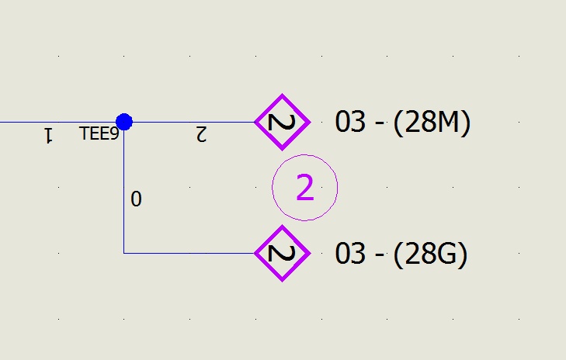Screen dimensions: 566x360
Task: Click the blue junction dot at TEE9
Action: tap(124, 122)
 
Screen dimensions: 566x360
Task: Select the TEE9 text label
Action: tap(99, 133)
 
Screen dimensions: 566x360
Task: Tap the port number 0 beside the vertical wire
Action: tap(136, 199)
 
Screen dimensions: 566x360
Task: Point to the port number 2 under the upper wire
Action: tap(201, 133)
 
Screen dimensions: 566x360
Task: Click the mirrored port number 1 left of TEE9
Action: tap(48, 135)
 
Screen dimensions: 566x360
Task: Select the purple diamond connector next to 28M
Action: tap(283, 122)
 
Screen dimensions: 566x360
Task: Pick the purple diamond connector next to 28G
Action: tap(283, 253)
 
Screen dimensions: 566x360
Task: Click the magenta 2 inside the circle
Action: tap(305, 187)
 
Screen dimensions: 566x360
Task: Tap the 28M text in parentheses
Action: tap(432, 123)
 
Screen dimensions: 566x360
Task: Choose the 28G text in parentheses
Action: tap(431, 254)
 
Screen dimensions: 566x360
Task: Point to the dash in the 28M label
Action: tap(380, 123)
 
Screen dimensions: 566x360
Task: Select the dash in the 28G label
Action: tap(380, 255)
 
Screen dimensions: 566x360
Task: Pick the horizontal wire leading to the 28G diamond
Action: tap(189, 253)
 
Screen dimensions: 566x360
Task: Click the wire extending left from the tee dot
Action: tap(57, 122)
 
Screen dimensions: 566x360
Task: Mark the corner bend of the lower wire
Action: tap(123, 253)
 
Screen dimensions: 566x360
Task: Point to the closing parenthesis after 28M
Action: tap(467, 123)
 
